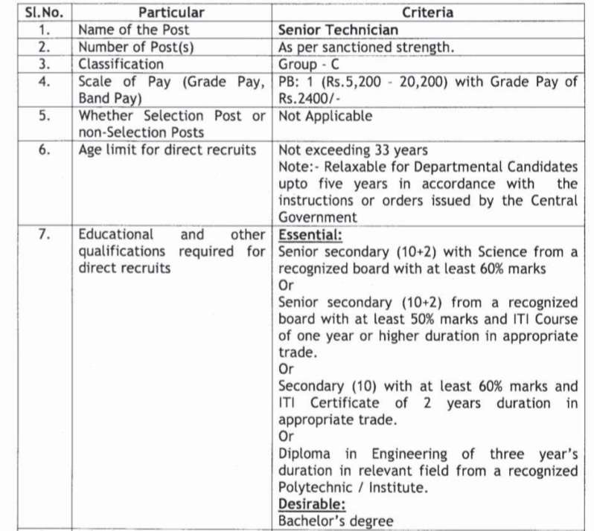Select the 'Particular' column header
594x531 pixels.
(170, 13)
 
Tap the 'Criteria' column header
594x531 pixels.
(427, 13)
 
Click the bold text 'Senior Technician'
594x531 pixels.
(338, 30)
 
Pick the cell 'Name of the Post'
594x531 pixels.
(134, 30)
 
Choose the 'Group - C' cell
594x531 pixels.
(309, 64)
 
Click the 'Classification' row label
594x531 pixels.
(121, 64)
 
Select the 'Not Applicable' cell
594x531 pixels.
(325, 116)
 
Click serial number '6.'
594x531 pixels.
(44, 149)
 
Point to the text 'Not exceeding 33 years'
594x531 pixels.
(353, 150)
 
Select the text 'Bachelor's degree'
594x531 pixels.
(335, 521)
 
